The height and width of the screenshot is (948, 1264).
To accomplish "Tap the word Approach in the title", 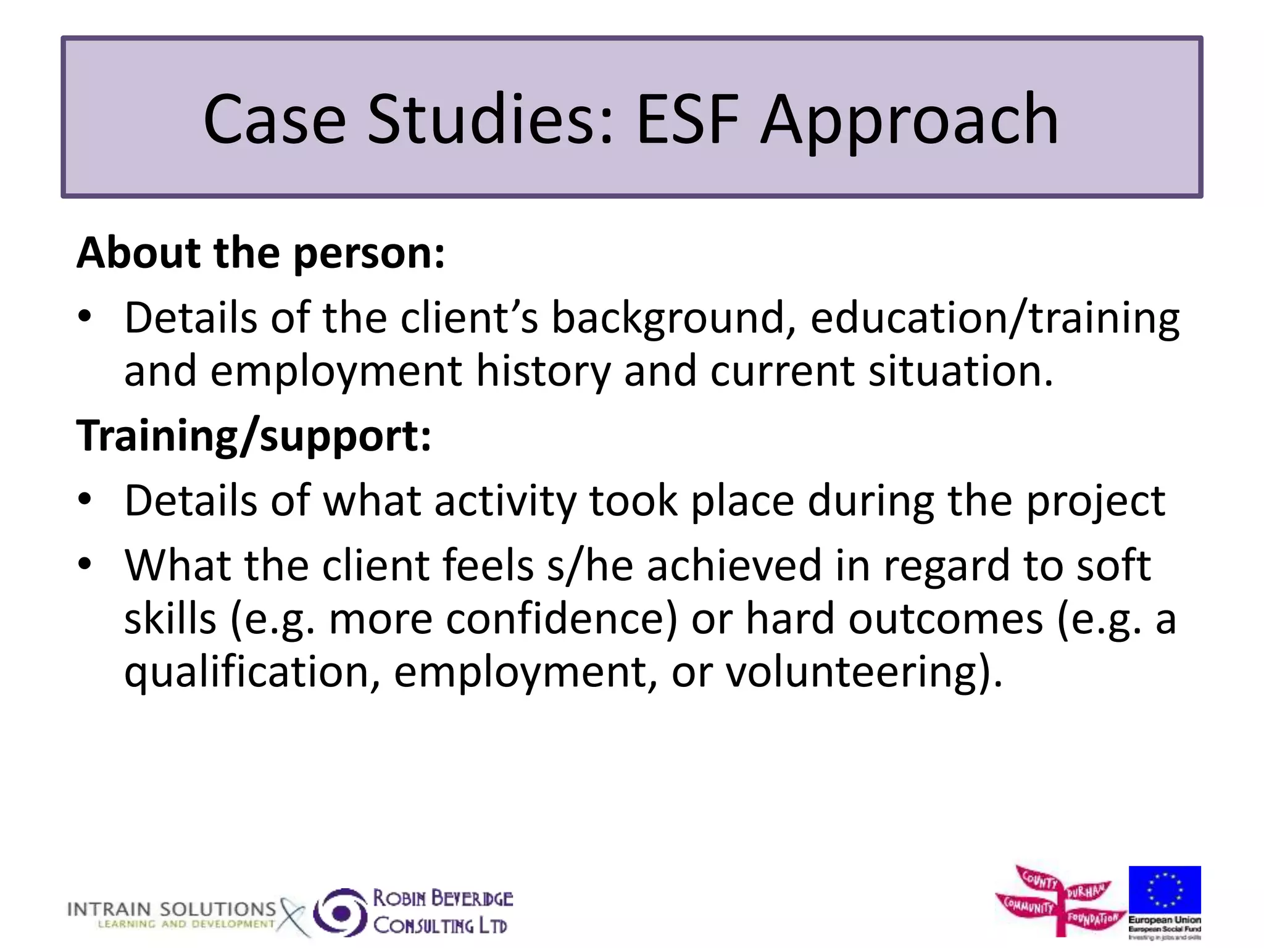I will pyautogui.click(x=909, y=120).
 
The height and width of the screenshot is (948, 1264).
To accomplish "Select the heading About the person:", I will pyautogui.click(x=260, y=253).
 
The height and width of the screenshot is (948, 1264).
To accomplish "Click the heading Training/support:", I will pyautogui.click(x=254, y=436).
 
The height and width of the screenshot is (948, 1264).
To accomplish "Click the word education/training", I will pyautogui.click(x=994, y=318).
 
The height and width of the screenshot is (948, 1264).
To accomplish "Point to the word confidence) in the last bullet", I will pyautogui.click(x=561, y=619).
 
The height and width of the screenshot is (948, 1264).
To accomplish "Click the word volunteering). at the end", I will pyautogui.click(x=864, y=673).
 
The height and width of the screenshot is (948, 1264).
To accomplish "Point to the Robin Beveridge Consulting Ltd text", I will pyautogui.click(x=442, y=912).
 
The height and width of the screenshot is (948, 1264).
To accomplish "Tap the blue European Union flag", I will pyautogui.click(x=1164, y=889).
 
